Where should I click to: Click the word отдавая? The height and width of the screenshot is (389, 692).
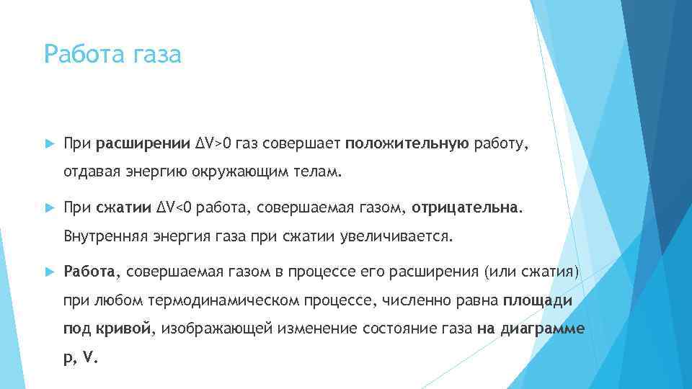click(x=89, y=173)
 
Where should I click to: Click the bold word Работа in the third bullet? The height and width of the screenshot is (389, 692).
click(x=89, y=272)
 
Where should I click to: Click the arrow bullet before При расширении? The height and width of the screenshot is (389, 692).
click(x=49, y=145)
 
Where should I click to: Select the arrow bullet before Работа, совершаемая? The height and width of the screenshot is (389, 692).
click(x=49, y=272)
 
